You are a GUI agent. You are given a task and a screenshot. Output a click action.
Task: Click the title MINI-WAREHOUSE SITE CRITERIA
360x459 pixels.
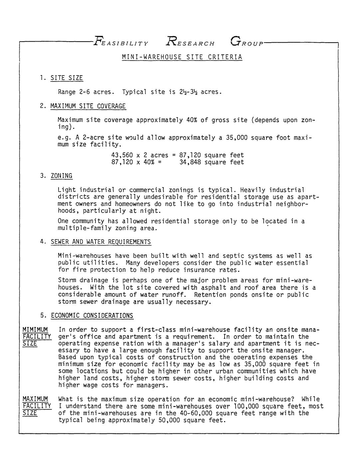pyautogui.click(x=182, y=57)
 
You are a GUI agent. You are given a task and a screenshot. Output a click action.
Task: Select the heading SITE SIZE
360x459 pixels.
pyautogui.click(x=67, y=78)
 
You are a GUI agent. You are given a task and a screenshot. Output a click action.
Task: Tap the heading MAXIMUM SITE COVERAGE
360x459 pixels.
pyautogui.click(x=88, y=106)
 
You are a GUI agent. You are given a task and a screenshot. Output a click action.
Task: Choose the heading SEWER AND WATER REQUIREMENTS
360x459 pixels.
pyautogui.click(x=100, y=242)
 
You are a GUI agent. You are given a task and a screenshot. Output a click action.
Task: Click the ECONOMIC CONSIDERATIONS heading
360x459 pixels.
pyautogui.click(x=92, y=316)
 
